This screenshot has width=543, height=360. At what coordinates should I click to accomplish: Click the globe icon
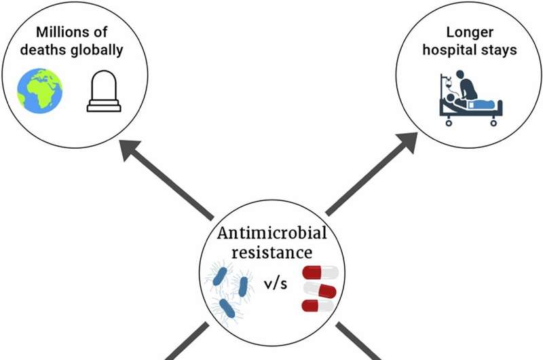pos(40,89)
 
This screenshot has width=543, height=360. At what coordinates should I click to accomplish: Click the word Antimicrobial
pos(271,235)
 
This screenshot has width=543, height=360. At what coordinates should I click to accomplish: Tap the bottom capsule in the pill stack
pos(318,305)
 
